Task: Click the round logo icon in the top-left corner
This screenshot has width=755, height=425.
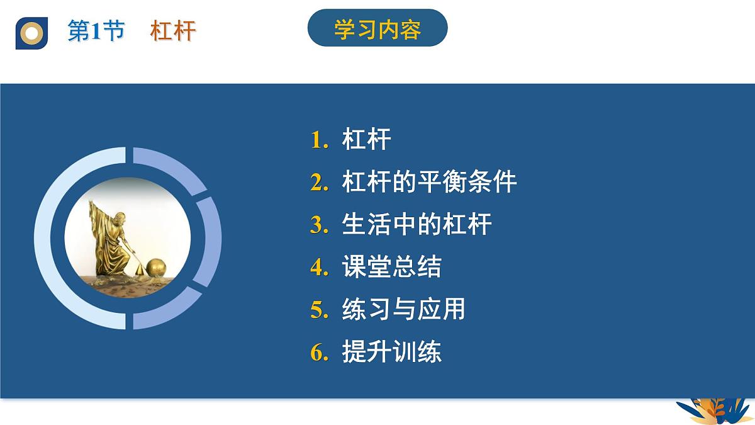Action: coord(31,32)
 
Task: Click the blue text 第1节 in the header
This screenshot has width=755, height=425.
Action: coord(96,31)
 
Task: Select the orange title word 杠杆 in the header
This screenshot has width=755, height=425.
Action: coord(173,31)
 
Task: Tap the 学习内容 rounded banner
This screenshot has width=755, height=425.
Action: coord(377,28)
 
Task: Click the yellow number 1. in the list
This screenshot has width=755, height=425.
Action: coord(320,140)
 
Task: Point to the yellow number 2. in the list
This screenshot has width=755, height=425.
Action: coord(320,183)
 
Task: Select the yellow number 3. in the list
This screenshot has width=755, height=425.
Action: coord(320,225)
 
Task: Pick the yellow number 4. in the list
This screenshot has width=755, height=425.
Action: coord(320,268)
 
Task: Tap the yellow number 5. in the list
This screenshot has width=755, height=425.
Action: coord(320,310)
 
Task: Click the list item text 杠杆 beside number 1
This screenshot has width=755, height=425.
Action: coord(367,140)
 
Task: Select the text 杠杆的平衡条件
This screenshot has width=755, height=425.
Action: coord(429,183)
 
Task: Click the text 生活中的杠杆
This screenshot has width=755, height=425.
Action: coord(417,225)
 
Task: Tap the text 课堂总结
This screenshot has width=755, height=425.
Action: coord(391,268)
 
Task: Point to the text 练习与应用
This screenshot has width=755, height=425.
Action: coord(404,310)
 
